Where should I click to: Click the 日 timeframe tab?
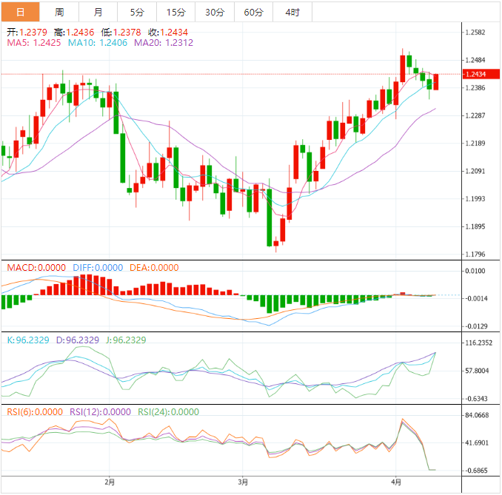pyautogui.click(x=20, y=12)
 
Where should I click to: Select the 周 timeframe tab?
pyautogui.click(x=59, y=12)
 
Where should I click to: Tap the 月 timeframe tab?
pyautogui.click(x=98, y=12)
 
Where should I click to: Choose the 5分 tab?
pyautogui.click(x=137, y=12)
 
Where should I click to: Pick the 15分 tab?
pyautogui.click(x=175, y=12)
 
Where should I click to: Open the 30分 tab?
pyautogui.click(x=215, y=12)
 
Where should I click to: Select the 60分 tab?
pyautogui.click(x=253, y=12)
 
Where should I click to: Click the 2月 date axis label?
pyautogui.click(x=110, y=482)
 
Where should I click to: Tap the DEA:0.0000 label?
pyautogui.click(x=154, y=268)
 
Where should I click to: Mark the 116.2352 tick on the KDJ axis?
pyautogui.click(x=479, y=343)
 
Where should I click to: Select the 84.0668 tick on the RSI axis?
pyautogui.click(x=478, y=415)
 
